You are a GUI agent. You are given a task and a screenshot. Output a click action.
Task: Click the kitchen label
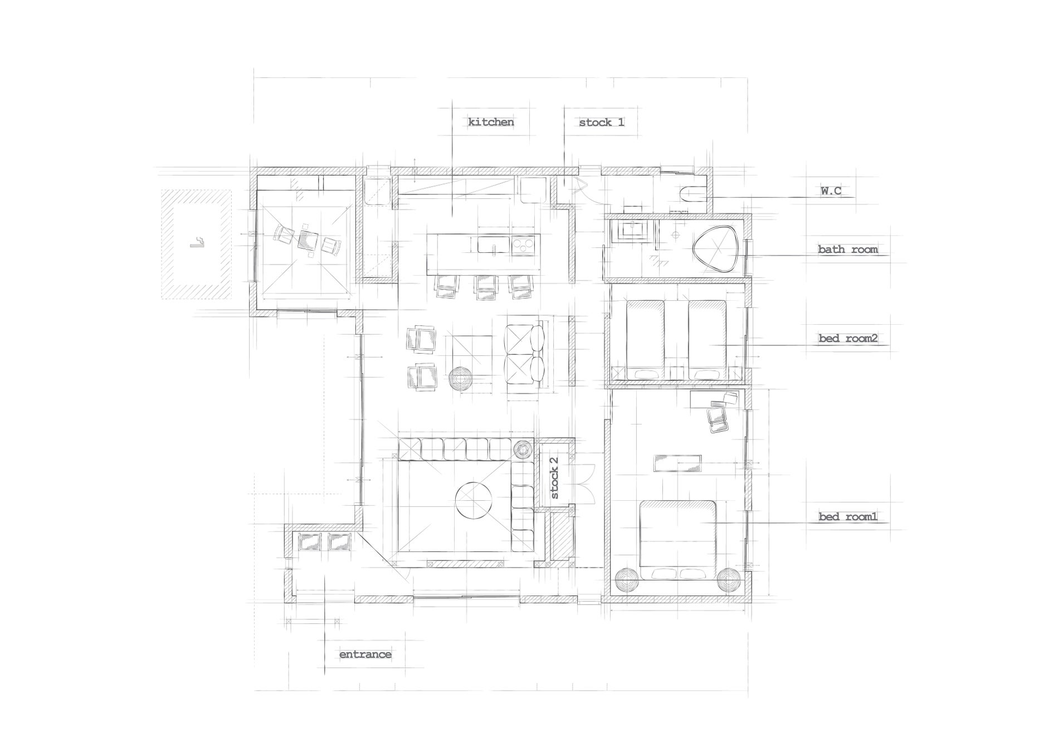pos(490,122)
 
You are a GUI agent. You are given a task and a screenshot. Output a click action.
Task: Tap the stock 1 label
pos(601,123)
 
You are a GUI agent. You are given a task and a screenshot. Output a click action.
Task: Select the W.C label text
pos(830,191)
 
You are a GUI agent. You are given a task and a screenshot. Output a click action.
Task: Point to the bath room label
pos(847,249)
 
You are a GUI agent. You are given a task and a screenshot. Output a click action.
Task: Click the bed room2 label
pos(848,338)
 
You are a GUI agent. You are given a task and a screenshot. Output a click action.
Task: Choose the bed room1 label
pos(847,516)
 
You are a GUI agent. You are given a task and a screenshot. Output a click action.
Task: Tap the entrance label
pos(365,654)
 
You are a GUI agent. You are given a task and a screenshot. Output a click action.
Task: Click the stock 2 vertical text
pos(554,478)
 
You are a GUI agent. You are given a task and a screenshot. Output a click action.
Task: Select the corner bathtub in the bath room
pos(716,248)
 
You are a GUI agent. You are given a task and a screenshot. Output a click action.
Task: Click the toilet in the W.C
pos(693,193)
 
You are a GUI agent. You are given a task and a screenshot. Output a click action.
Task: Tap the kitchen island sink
pos(493,245)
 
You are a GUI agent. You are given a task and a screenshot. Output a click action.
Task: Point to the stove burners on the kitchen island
pos(524,245)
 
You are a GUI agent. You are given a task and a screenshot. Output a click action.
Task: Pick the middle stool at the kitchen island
pos(485,287)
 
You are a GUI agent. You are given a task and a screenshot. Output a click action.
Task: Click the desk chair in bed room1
pos(717,419)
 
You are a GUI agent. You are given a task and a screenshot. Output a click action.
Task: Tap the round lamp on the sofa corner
pos(522,449)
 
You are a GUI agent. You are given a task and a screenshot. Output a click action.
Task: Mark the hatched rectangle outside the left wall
pos(196,245)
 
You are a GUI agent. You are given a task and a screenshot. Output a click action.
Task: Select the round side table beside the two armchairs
pos(461,379)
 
